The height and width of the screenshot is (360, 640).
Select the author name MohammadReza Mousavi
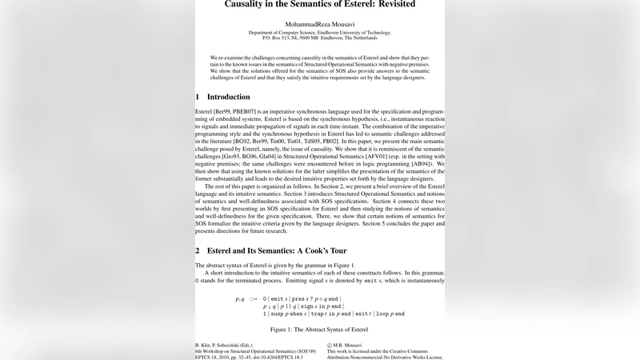[319, 25]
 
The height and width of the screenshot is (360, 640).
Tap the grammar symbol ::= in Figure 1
[253, 298]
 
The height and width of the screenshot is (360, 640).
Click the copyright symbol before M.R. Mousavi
[330, 342]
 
